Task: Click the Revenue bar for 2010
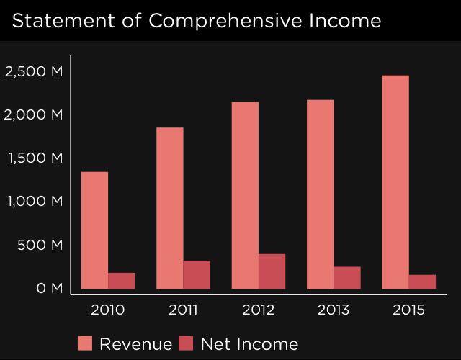point(94,230)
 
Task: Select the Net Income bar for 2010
point(122,281)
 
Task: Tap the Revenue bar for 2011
point(170,208)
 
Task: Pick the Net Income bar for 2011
point(197,274)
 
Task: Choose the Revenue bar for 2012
point(245,195)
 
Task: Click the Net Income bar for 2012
point(272,271)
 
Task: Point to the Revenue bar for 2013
point(321,194)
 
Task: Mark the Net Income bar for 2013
point(347,278)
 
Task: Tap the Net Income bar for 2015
point(423,282)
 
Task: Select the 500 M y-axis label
point(40,245)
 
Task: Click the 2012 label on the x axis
point(258,310)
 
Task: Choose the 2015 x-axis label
point(409,310)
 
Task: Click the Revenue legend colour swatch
point(85,343)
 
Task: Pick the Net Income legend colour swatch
point(187,343)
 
